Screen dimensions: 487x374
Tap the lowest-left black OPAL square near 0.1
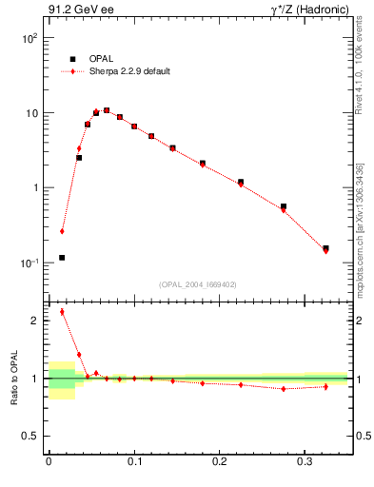tap(62, 258)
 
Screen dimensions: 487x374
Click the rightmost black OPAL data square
tap(325, 248)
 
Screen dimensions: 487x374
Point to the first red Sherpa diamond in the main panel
tap(62, 231)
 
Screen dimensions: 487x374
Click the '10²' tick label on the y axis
tap(30, 39)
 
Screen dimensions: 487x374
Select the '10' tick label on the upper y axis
tap(31, 113)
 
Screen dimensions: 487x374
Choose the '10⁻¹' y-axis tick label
tap(30, 263)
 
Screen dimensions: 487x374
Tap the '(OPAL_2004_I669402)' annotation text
tap(197, 283)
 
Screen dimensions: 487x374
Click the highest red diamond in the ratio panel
tap(62, 311)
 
